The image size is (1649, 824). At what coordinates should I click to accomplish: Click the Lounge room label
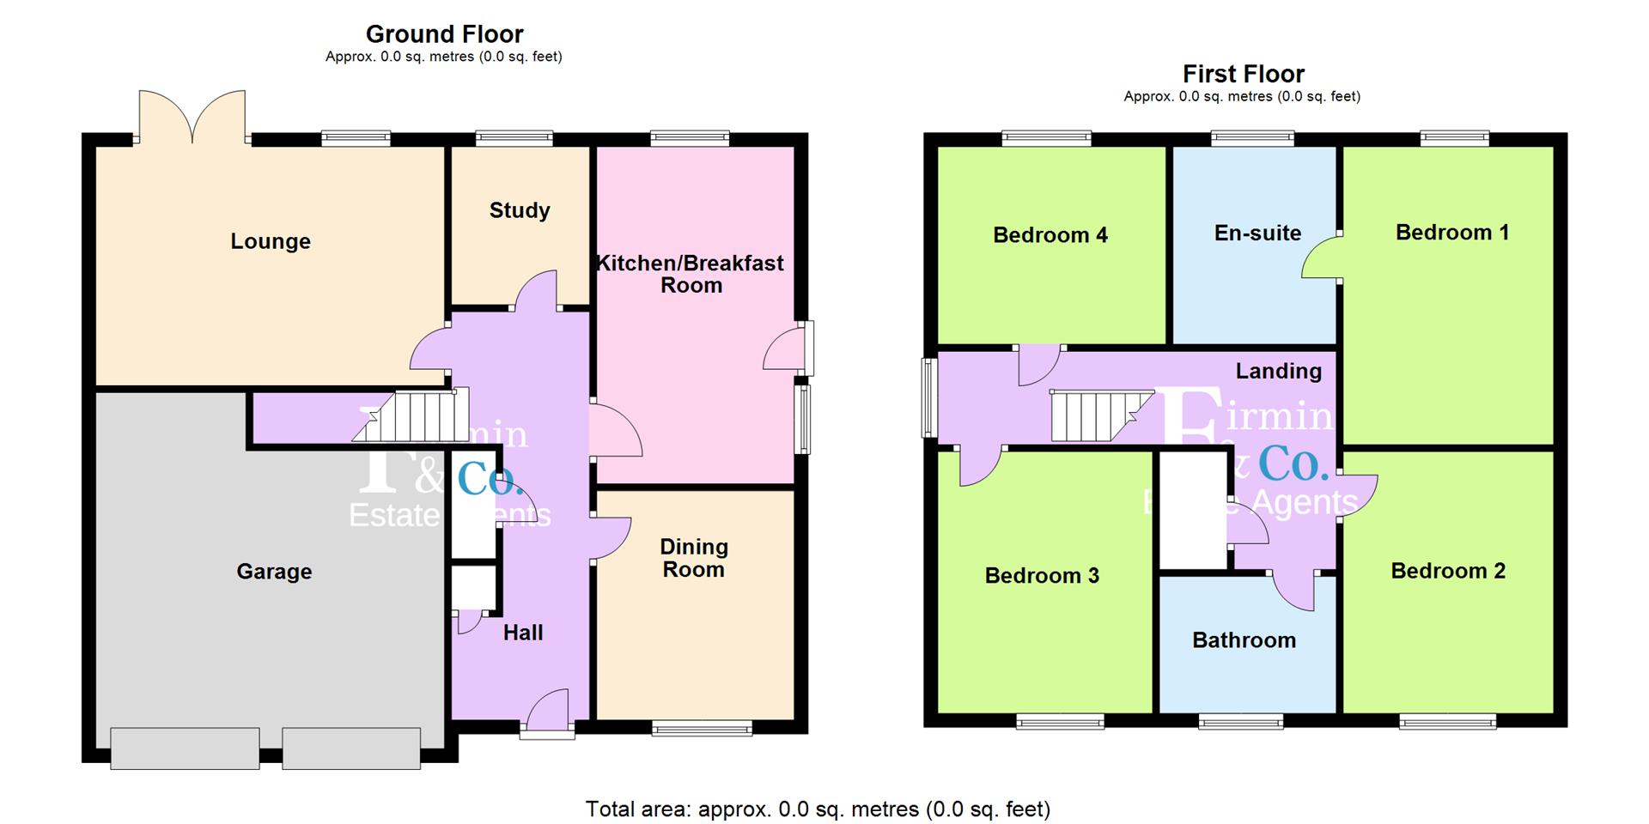[x=271, y=241]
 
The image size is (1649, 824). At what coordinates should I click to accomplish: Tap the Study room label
[x=520, y=210]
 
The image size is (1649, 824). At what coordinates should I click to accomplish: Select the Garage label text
[x=274, y=572]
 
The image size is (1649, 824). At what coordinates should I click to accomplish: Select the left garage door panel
[x=185, y=748]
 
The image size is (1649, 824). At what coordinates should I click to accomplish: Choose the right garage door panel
[x=351, y=748]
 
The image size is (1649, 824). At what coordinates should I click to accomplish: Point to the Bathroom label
[x=1244, y=640]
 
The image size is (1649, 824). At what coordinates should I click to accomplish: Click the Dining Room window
[x=702, y=729]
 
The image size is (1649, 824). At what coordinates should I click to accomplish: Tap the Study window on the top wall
[x=514, y=137]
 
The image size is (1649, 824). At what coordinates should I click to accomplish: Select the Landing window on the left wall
[x=929, y=397]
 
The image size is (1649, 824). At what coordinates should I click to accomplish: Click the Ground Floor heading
[x=444, y=34]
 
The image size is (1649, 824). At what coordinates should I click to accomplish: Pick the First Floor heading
[x=1243, y=74]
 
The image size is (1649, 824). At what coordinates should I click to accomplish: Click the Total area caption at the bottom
[x=818, y=809]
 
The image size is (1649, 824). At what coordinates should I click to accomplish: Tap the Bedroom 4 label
[x=1050, y=235]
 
